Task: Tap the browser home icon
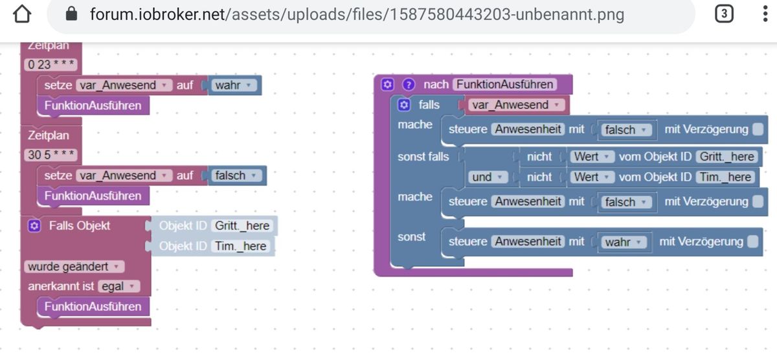(x=22, y=14)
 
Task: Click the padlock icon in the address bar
(x=72, y=14)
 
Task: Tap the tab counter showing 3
(x=724, y=14)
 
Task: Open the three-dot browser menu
(x=765, y=14)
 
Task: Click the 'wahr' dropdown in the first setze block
(x=236, y=85)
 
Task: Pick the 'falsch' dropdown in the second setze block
(x=238, y=175)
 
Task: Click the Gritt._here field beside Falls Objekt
(x=242, y=226)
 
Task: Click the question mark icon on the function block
(x=408, y=85)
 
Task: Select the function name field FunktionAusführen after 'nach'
(x=504, y=85)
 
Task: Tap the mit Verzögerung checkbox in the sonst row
(x=752, y=242)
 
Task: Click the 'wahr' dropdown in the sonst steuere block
(x=622, y=242)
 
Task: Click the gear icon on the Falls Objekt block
(x=35, y=225)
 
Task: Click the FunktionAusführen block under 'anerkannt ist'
(x=93, y=306)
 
